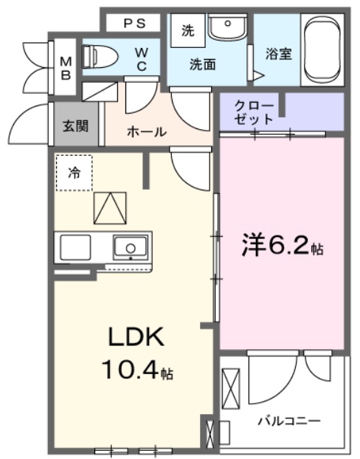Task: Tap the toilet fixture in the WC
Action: click(x=94, y=56)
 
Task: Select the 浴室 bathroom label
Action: click(x=279, y=55)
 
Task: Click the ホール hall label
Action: click(x=146, y=131)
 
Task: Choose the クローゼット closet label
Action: click(x=255, y=111)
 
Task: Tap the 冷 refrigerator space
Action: click(x=74, y=173)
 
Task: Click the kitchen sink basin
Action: click(x=130, y=246)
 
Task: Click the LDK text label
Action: click(x=135, y=337)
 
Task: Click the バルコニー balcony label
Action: click(x=288, y=421)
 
